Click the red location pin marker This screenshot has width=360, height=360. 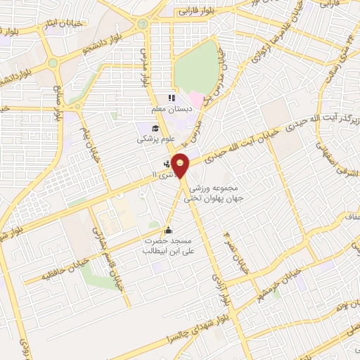click(x=181, y=165)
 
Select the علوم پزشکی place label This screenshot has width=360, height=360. click(x=154, y=139)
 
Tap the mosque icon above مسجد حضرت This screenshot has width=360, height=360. click(x=168, y=230)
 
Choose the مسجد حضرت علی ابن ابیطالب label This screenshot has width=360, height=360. click(x=167, y=245)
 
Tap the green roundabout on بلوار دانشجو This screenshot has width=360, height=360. click(x=143, y=24)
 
